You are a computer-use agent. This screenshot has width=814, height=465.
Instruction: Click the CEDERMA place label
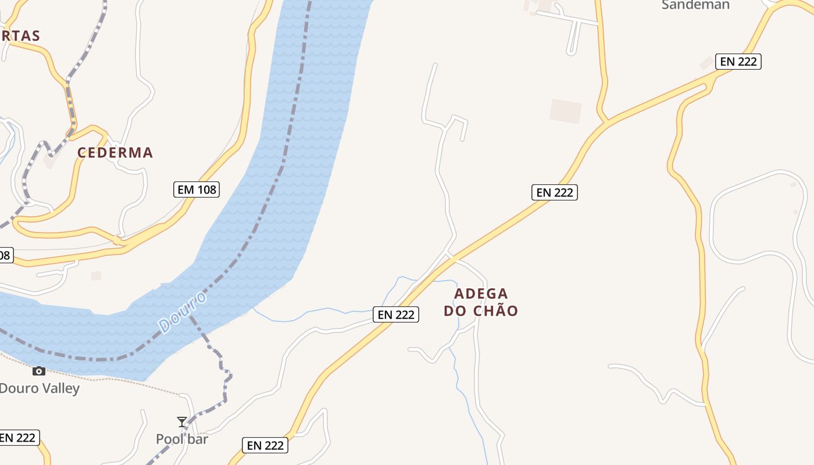(x=115, y=153)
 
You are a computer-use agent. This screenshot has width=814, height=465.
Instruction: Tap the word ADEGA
(x=481, y=294)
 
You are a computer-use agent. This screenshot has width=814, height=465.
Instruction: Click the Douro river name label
(x=182, y=313)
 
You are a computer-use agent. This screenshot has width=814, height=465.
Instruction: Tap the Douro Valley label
(x=40, y=388)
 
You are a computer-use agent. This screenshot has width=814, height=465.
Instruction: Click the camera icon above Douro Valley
(x=39, y=371)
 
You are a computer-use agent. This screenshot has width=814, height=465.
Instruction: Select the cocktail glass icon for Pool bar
(x=182, y=421)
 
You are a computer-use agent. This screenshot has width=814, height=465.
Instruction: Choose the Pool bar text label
(x=182, y=439)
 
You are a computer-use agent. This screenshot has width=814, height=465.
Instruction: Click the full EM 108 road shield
(x=197, y=189)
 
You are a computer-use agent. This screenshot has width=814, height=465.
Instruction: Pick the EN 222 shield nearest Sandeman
(x=738, y=62)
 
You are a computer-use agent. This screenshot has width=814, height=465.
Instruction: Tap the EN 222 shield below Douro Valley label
(x=19, y=438)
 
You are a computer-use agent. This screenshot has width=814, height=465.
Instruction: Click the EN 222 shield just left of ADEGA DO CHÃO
(x=396, y=314)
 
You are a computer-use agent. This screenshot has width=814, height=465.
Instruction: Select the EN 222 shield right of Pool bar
(x=265, y=446)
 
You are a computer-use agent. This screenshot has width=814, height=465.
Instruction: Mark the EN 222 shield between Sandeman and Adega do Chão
(x=555, y=192)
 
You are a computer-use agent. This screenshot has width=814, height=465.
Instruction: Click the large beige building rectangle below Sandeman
(x=566, y=111)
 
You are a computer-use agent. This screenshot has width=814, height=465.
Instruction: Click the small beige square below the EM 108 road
(x=96, y=276)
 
